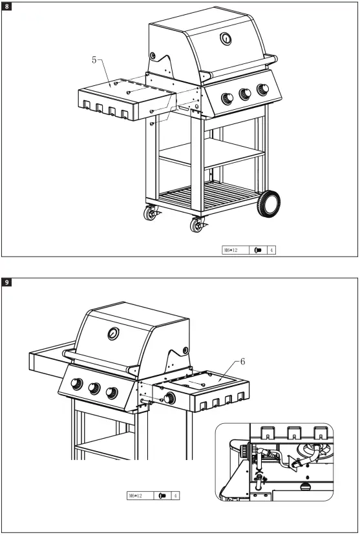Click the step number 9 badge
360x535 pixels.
pyautogui.click(x=7, y=282)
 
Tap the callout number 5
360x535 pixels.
pyautogui.click(x=94, y=59)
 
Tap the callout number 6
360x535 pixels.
pyautogui.click(x=243, y=362)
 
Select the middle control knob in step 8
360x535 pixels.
pyautogui.click(x=246, y=94)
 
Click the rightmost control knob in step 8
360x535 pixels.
pyautogui.click(x=262, y=89)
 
